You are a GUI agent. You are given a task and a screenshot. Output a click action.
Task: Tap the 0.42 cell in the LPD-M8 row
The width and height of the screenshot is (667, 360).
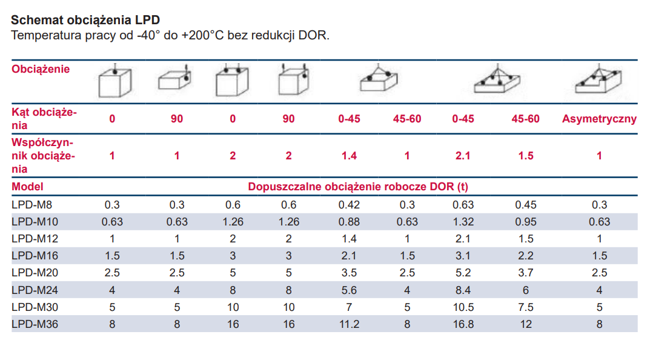(349, 205)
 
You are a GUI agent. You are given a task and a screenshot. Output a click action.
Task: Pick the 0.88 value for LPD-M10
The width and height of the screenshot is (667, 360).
(349, 222)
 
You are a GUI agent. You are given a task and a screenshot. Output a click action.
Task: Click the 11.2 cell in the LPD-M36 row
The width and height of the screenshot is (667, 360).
(349, 324)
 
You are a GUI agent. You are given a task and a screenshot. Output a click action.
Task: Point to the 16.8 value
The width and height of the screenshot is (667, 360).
(463, 324)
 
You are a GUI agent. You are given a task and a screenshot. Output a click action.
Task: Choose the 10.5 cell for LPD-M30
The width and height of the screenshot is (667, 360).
(463, 307)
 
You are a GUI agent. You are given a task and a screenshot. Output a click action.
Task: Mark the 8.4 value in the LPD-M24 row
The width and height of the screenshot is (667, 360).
(463, 290)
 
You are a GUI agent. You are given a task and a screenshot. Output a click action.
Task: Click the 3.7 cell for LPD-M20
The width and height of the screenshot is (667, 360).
(525, 273)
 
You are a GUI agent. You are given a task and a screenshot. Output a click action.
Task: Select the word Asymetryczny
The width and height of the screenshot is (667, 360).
(599, 119)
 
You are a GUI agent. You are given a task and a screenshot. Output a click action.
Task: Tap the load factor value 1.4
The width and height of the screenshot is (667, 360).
(349, 156)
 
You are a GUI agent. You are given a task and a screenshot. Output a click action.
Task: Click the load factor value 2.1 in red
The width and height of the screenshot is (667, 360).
(463, 156)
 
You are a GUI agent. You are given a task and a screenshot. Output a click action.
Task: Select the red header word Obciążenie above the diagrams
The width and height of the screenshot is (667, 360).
(41, 69)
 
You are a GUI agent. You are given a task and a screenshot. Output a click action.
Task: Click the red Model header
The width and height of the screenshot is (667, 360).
(28, 187)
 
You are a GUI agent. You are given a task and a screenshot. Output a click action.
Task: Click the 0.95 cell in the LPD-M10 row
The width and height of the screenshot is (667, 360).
(525, 222)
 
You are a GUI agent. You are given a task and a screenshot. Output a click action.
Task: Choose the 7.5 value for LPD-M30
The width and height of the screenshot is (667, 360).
(525, 307)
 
